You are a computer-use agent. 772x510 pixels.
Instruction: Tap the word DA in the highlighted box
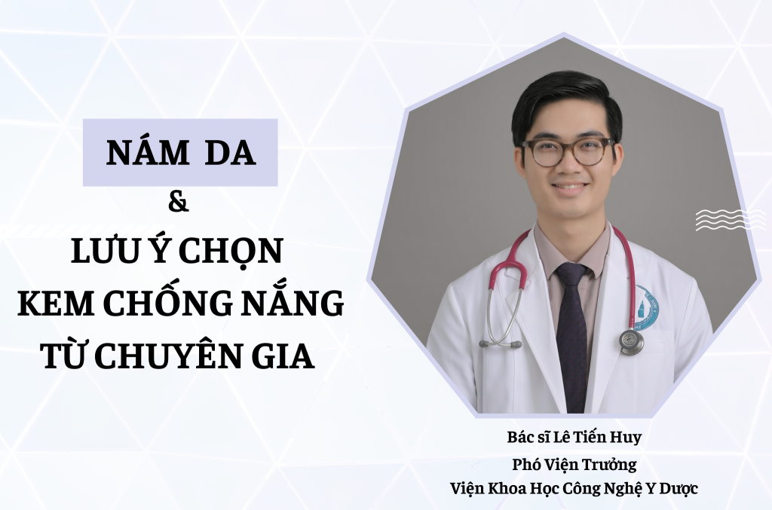(230, 152)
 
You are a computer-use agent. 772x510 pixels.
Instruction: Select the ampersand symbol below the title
(178, 203)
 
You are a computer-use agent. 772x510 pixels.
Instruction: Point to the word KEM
(56, 304)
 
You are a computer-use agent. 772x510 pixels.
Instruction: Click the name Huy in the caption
(626, 438)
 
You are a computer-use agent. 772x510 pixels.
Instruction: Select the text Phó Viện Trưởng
(574, 464)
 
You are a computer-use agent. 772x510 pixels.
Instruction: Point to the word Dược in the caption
(681, 489)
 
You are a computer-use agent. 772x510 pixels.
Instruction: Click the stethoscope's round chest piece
(631, 341)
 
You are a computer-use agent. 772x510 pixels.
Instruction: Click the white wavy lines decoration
(731, 220)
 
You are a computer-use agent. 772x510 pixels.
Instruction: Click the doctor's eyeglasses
(568, 151)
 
